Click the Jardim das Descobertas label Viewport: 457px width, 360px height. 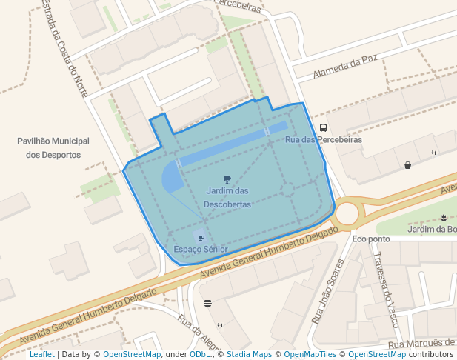[x=228, y=198]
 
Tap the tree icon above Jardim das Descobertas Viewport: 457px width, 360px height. [x=227, y=179]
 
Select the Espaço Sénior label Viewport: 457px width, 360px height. [x=200, y=250]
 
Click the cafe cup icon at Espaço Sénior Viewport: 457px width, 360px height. [x=201, y=238]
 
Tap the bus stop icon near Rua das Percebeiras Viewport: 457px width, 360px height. [x=323, y=127]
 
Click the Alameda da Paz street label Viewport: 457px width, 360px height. [x=346, y=67]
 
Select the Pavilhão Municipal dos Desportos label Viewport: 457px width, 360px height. [x=53, y=147]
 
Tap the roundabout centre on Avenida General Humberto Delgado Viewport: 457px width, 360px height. [x=347, y=214]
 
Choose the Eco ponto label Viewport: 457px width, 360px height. [x=371, y=239]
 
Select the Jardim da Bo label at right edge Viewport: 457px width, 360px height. [x=432, y=230]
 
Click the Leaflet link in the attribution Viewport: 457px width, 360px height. [x=41, y=355]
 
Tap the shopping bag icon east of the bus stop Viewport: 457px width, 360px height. [x=407, y=165]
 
